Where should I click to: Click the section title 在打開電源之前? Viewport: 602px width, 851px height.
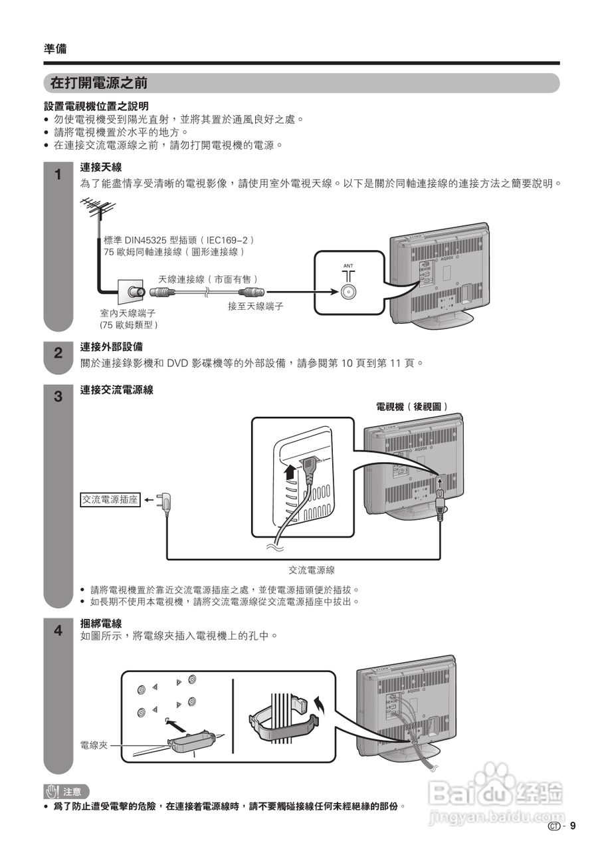coord(99,83)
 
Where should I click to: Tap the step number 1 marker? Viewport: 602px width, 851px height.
coord(58,176)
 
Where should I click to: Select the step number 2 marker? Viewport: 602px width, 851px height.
coord(58,353)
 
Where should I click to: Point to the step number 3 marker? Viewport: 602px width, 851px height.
coord(58,398)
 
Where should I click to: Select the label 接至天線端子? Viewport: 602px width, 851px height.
coord(256,306)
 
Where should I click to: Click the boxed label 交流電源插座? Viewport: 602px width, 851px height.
coord(111,499)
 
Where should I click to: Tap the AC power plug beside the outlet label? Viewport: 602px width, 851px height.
coord(163,502)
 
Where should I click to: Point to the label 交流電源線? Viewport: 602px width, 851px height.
coord(312,570)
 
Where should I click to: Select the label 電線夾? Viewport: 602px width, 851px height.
coord(94,745)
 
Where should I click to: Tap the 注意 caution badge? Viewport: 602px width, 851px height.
coord(65,791)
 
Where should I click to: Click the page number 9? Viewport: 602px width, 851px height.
coord(572,826)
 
